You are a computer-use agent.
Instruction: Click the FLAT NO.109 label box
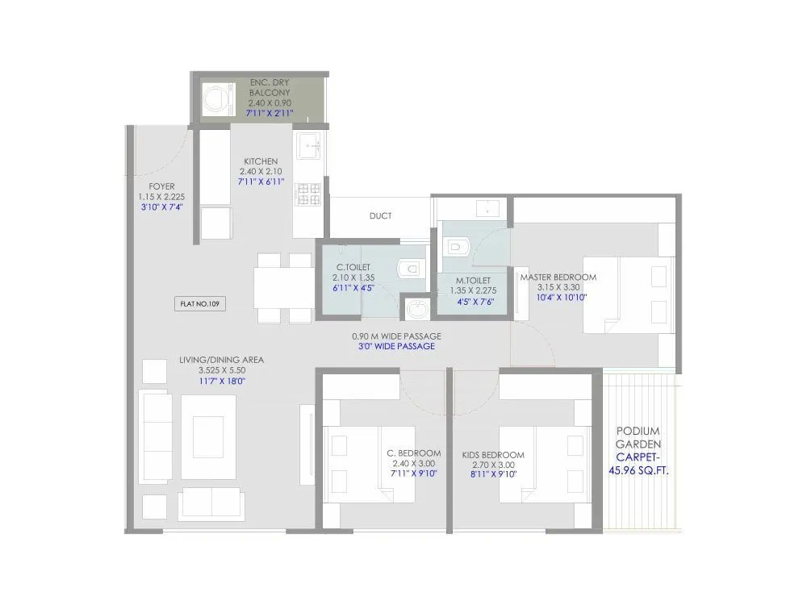point(199,304)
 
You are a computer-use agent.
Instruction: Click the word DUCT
point(380,216)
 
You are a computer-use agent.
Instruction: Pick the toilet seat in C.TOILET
point(410,268)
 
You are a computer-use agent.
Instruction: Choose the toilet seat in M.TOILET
point(457,244)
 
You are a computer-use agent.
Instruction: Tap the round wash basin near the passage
point(417,308)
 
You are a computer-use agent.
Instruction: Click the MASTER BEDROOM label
point(558,277)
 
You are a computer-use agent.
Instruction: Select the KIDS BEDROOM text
point(493,455)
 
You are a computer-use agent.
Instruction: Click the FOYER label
point(161,186)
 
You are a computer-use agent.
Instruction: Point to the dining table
point(282,287)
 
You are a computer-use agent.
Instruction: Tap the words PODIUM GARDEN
point(638,437)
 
